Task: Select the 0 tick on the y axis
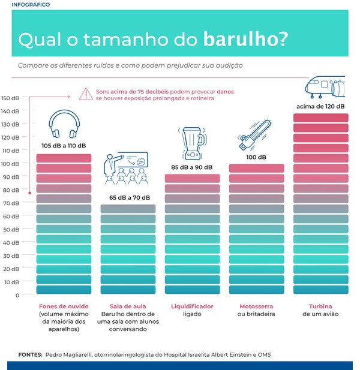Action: click(17, 295)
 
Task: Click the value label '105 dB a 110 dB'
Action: click(64, 146)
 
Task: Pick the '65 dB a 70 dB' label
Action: click(130, 197)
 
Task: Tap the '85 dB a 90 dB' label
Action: click(191, 167)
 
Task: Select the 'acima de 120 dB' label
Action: click(320, 106)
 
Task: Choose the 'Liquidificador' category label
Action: click(192, 306)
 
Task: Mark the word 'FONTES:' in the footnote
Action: click(30, 354)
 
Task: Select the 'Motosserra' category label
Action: click(256, 306)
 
